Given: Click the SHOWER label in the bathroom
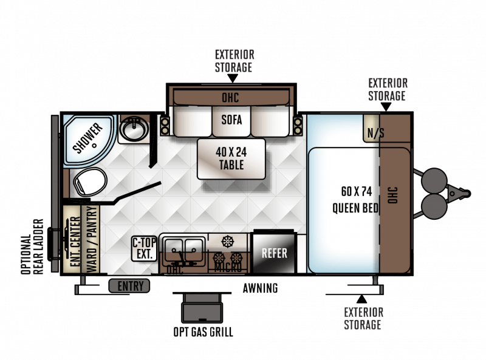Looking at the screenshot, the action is [87, 138].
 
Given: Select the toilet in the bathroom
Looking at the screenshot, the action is [90, 182].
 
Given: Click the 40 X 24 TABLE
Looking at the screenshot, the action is [231, 158].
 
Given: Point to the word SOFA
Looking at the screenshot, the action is [231, 120].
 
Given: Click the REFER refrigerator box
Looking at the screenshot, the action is [274, 253].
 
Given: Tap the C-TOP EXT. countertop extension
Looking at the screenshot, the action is [145, 248].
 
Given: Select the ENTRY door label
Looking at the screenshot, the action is [129, 286].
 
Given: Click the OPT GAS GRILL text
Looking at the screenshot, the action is [203, 332].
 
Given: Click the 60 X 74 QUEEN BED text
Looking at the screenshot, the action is [356, 200].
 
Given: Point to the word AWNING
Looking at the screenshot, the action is [261, 288].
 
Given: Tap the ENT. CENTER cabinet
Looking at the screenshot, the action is [72, 239].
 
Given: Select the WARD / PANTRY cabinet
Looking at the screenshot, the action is [91, 239].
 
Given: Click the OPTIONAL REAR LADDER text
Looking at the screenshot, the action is [32, 246].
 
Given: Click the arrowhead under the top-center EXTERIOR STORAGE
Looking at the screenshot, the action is [233, 78].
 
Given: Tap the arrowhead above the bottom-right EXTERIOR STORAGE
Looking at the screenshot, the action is [361, 299].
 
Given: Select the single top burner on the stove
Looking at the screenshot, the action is [228, 241].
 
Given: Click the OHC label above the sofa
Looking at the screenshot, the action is [231, 98].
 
